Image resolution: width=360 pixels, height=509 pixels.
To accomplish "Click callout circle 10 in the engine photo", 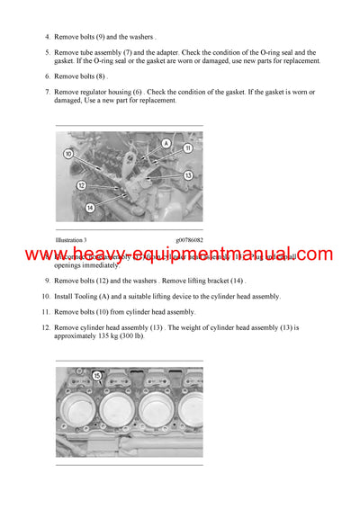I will (68, 154).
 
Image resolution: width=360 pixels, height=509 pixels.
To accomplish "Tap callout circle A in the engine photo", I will (166, 143).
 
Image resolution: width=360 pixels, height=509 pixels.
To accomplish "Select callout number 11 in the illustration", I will (187, 147).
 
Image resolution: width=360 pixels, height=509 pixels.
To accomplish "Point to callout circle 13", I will (187, 175).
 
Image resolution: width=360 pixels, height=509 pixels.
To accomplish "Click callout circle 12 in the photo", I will (81, 186).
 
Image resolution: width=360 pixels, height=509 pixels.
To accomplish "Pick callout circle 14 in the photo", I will (91, 208).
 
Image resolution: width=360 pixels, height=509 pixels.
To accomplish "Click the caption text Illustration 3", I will (71, 240).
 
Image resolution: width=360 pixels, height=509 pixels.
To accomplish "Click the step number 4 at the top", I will (48, 37).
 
